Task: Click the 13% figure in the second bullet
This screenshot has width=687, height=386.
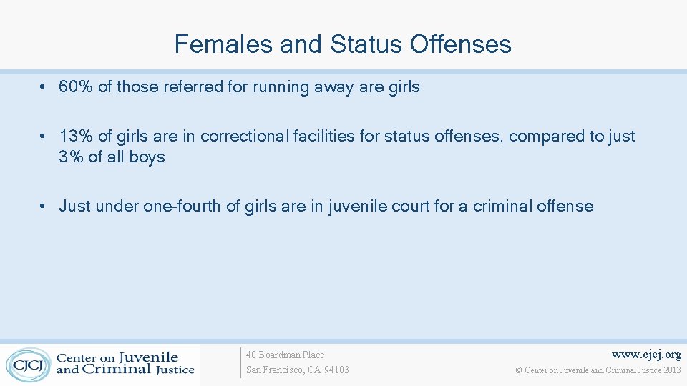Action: click(74, 137)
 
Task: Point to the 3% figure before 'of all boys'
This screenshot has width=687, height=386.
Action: click(71, 157)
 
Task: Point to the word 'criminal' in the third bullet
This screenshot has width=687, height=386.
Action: click(505, 207)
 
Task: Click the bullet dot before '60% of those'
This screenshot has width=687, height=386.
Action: click(44, 88)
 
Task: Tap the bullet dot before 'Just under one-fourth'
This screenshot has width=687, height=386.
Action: click(44, 207)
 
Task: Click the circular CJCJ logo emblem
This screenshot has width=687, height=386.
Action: click(28, 364)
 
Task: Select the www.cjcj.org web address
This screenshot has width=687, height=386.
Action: click(647, 355)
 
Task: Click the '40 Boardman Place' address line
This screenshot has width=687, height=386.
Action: click(285, 355)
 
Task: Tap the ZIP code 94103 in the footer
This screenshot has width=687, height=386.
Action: click(336, 370)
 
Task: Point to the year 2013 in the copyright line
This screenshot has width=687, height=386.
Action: click(672, 370)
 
